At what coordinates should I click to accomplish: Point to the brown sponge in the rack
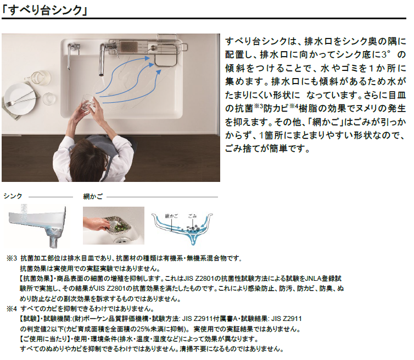pos(129,47)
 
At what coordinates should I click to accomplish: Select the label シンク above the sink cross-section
pos(13,196)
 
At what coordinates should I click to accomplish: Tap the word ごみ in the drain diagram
pos(192,216)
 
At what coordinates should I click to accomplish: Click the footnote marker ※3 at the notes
pos(12,258)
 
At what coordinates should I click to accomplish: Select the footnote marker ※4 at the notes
pos(12,309)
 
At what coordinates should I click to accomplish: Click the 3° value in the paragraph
pos(386,54)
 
